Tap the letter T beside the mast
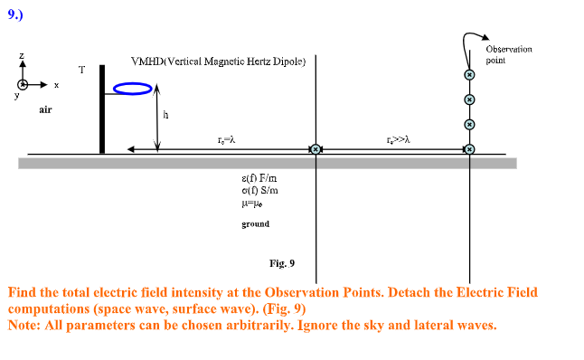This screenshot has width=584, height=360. coord(81,70)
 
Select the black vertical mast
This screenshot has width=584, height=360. coord(102,109)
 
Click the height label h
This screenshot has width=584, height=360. coord(165,115)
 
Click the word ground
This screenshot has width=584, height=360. coord(256,223)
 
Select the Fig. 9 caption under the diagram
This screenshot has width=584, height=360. coord(282,263)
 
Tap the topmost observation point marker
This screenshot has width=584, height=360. coord(469,74)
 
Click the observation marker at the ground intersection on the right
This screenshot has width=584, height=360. coord(469,149)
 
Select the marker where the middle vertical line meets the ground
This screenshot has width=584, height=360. coord(316,149)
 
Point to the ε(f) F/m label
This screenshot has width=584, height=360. coord(254,178)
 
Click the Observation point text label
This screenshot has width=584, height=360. coord(508,53)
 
